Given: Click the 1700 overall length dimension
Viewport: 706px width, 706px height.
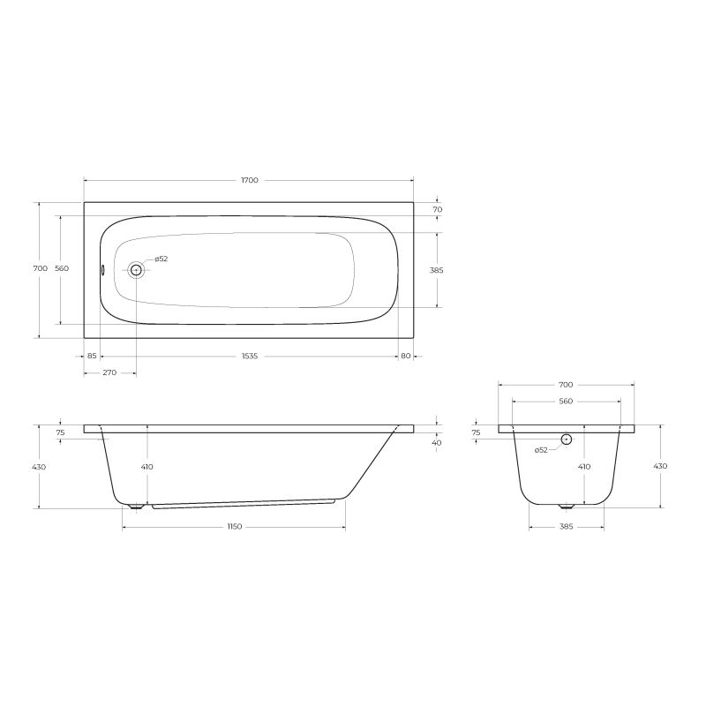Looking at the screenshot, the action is click(x=250, y=181).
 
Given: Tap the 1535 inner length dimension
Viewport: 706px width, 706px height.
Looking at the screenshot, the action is click(x=250, y=357).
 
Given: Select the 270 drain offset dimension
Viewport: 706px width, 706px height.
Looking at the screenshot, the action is click(x=109, y=372).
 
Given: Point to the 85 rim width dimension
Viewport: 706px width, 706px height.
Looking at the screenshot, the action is click(x=92, y=357).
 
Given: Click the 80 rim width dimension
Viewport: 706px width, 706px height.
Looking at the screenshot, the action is click(x=406, y=357).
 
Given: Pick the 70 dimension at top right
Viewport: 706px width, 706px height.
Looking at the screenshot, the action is click(x=438, y=210).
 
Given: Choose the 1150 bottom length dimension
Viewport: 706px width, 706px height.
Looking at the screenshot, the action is click(x=234, y=527).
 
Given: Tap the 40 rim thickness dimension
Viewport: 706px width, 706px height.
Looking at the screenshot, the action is click(x=437, y=443).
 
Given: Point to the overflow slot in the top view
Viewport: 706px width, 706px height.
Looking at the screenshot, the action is click(x=102, y=270).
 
